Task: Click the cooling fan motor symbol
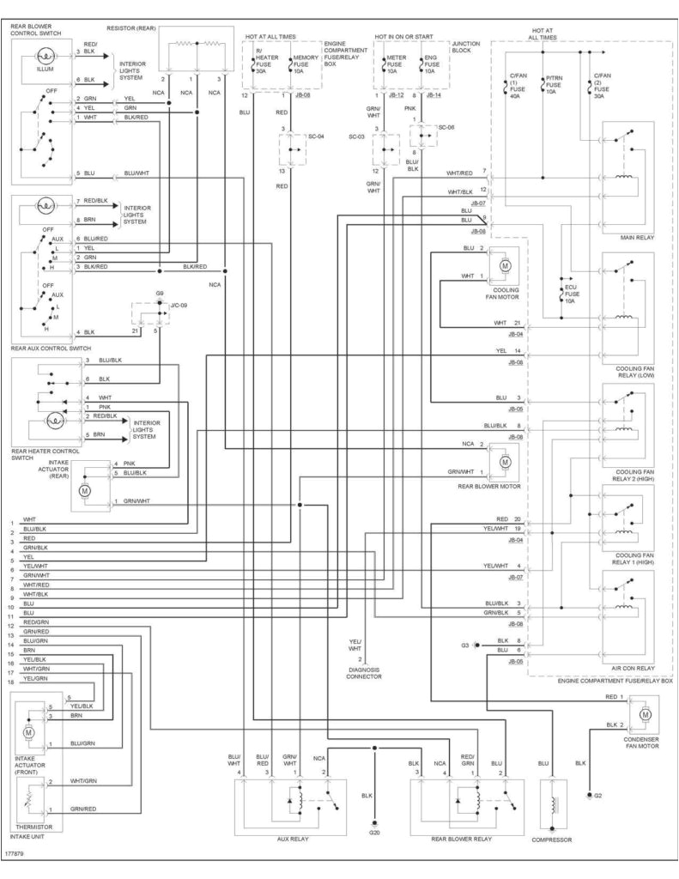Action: tap(506, 265)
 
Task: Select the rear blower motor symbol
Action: tap(506, 461)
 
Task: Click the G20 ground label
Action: tap(374, 833)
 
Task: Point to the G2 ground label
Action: tap(599, 796)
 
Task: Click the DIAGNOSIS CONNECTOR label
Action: tap(364, 672)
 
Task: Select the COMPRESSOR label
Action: tap(551, 840)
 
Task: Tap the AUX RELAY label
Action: tap(292, 839)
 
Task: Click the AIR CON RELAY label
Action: tap(633, 667)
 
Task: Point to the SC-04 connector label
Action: tap(316, 136)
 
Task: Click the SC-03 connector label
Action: tap(357, 136)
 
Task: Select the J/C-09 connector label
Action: tap(178, 305)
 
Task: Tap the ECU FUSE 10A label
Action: tap(570, 294)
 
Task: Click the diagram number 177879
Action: tap(15, 855)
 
